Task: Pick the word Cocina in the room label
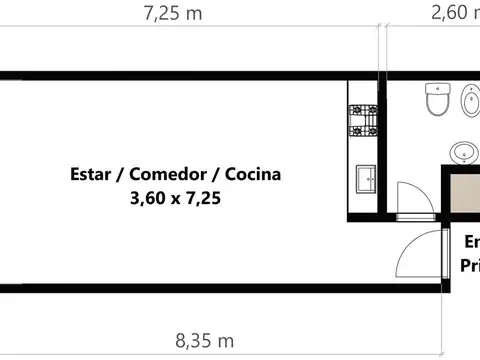pyautogui.click(x=252, y=174)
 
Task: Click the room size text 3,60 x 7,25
pyautogui.click(x=175, y=198)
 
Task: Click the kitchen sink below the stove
pyautogui.click(x=362, y=179)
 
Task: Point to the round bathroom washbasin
pyautogui.click(x=462, y=153)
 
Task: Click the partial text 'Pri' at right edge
pyautogui.click(x=469, y=265)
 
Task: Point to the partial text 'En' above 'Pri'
pyautogui.click(x=471, y=242)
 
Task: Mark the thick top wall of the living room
pyautogui.click(x=180, y=76)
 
